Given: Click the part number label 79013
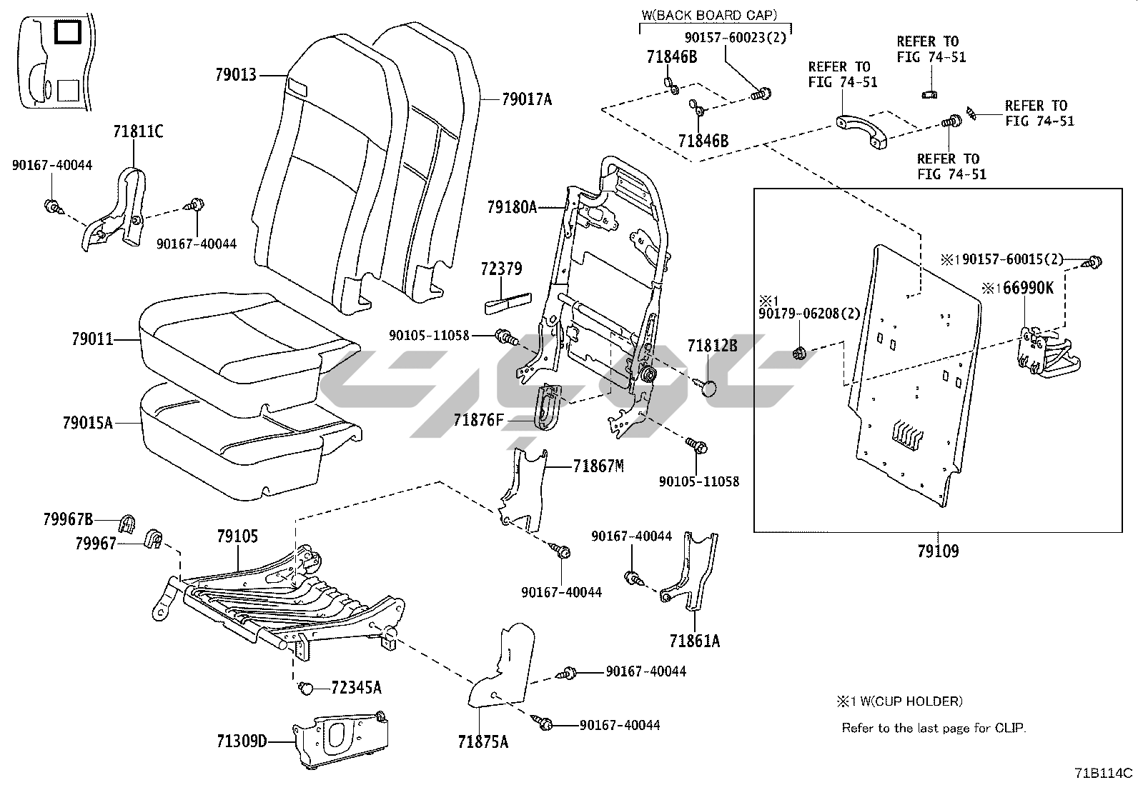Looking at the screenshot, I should (x=235, y=74).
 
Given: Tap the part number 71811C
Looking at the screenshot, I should (x=138, y=131).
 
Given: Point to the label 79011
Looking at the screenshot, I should (x=92, y=339).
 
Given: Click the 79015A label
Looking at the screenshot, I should (x=87, y=423).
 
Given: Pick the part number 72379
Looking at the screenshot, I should (x=501, y=269).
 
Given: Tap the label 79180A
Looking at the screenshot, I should (x=511, y=208).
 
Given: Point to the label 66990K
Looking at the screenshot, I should (x=1024, y=288).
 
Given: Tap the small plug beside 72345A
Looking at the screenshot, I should (x=305, y=688).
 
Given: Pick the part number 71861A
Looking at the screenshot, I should (x=695, y=641).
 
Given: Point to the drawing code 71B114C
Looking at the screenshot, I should (x=1104, y=773).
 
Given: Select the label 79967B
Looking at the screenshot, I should (x=68, y=519).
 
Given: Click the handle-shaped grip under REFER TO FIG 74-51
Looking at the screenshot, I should (x=860, y=132).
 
